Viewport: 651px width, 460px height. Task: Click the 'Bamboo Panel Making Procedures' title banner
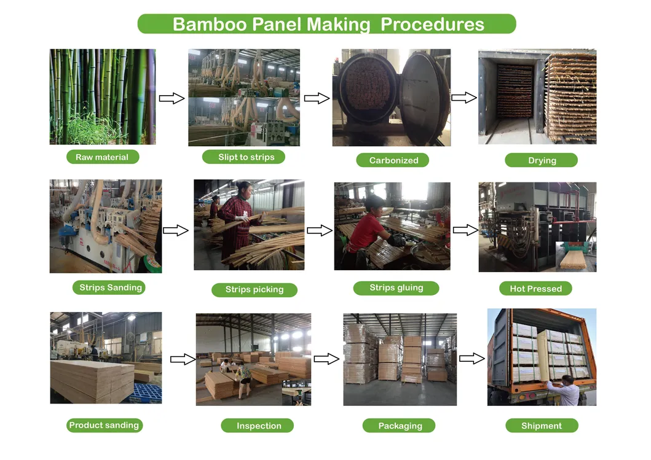[326, 24]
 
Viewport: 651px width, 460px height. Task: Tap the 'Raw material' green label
[102, 157]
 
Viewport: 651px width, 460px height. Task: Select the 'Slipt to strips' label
[246, 157]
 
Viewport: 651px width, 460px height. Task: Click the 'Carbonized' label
[393, 160]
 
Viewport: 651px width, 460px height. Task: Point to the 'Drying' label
[542, 160]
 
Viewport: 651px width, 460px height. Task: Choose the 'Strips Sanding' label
[111, 287]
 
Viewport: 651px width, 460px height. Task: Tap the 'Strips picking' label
[254, 290]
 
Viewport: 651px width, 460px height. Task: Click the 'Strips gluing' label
[396, 287]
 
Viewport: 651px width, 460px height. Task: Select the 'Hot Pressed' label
[535, 289]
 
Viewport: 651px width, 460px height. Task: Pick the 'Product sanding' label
[104, 425]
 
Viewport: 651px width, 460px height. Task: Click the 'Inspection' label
[259, 426]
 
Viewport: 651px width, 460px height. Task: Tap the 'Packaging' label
[400, 426]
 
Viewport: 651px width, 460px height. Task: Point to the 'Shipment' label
[542, 426]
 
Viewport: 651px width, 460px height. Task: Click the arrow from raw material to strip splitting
[172, 98]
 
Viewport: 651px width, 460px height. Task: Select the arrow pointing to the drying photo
[464, 97]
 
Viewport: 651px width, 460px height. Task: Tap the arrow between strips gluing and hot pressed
[465, 230]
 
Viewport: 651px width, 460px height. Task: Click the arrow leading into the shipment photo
[471, 359]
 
